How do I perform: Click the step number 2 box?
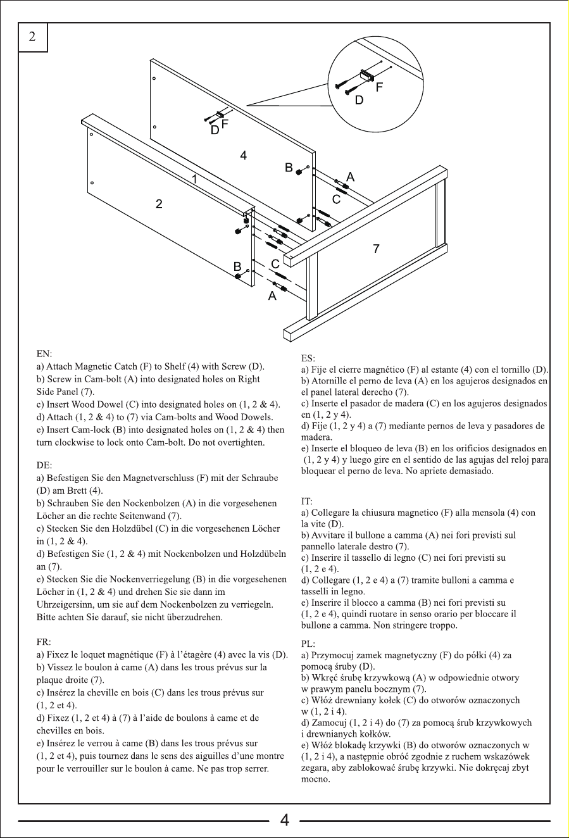click(x=32, y=37)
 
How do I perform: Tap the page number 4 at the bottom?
click(x=284, y=820)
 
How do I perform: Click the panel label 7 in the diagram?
click(x=377, y=248)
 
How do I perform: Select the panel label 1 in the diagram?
click(x=194, y=179)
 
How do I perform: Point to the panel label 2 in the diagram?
click(x=159, y=204)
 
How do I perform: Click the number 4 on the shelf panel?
click(x=244, y=155)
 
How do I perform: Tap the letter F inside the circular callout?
click(x=379, y=87)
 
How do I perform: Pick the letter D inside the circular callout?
click(x=359, y=100)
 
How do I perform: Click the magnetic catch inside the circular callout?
click(x=366, y=75)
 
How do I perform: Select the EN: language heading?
click(x=44, y=354)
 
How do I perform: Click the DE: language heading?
click(x=44, y=465)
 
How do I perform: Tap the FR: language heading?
click(x=44, y=642)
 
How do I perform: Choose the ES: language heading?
click(x=308, y=358)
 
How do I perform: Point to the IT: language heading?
click(x=307, y=501)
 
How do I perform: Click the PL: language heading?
click(x=308, y=644)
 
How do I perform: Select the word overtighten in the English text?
click(x=241, y=442)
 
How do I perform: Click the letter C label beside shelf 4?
click(x=336, y=199)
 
